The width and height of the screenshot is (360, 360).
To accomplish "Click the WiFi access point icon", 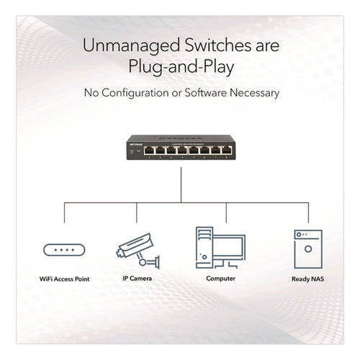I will (x=64, y=251).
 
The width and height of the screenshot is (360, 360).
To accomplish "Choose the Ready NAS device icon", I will (x=307, y=249).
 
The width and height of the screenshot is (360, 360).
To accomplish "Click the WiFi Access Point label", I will (x=64, y=278).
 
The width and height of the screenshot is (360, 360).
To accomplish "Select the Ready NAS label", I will (x=307, y=278).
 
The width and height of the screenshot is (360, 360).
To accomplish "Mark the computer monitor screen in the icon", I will (x=230, y=246).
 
